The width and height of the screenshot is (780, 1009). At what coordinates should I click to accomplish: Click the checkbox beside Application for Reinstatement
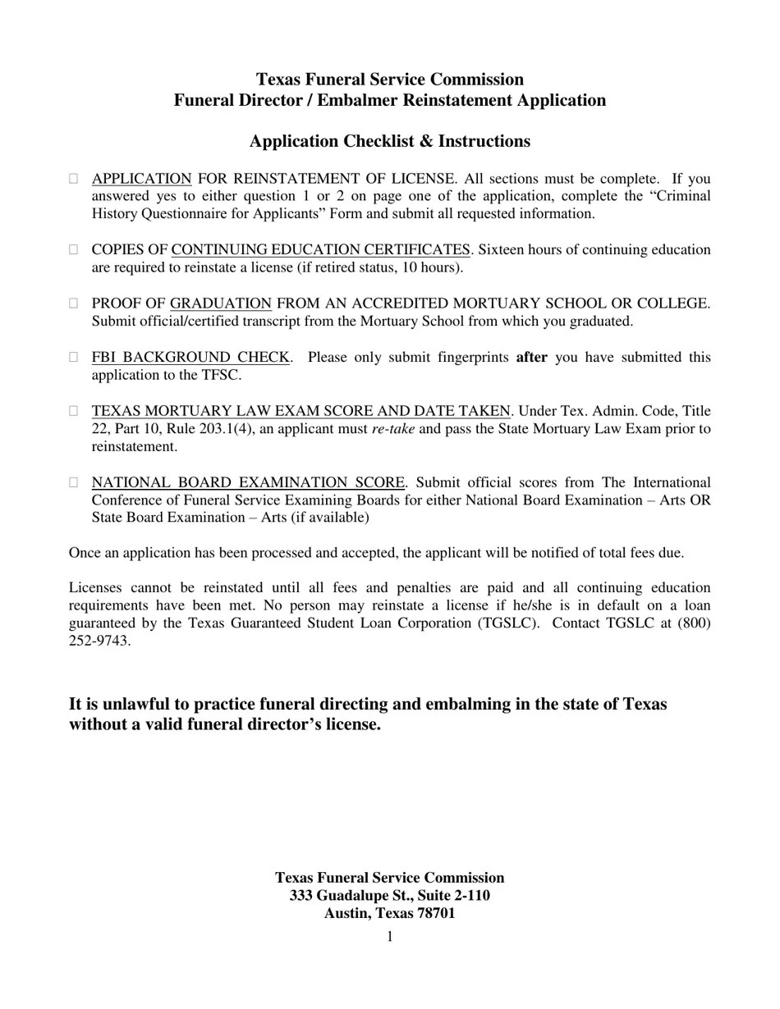point(74,178)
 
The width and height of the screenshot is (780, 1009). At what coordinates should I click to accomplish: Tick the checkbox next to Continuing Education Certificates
point(74,249)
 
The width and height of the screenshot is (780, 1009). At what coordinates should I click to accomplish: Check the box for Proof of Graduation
point(74,304)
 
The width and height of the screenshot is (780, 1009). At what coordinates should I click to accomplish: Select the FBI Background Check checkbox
point(74,357)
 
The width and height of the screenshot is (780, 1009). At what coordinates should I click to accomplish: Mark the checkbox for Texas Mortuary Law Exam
point(74,411)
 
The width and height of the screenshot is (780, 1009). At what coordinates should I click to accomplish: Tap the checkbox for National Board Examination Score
point(74,482)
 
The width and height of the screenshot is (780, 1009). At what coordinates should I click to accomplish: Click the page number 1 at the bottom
point(390,937)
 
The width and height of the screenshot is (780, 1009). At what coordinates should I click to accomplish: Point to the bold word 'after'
point(531,357)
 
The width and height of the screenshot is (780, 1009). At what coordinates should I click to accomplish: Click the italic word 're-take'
point(392,429)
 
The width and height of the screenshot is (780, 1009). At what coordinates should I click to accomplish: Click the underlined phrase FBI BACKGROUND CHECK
point(190,357)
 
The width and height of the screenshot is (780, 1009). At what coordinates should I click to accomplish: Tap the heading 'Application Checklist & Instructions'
point(390,141)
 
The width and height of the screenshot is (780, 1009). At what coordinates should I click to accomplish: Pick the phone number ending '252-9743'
point(99,641)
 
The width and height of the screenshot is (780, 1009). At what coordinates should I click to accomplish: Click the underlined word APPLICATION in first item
point(141,178)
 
